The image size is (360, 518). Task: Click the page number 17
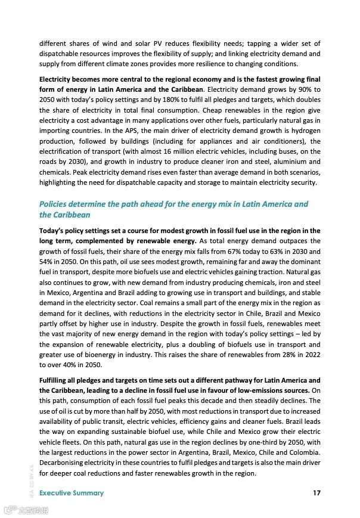tap(316, 493)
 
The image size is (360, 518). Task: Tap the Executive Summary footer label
tap(72, 493)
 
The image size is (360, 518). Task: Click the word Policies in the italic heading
tap(55, 204)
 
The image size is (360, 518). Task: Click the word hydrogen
tap(303, 131)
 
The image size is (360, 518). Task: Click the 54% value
tap(48, 262)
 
